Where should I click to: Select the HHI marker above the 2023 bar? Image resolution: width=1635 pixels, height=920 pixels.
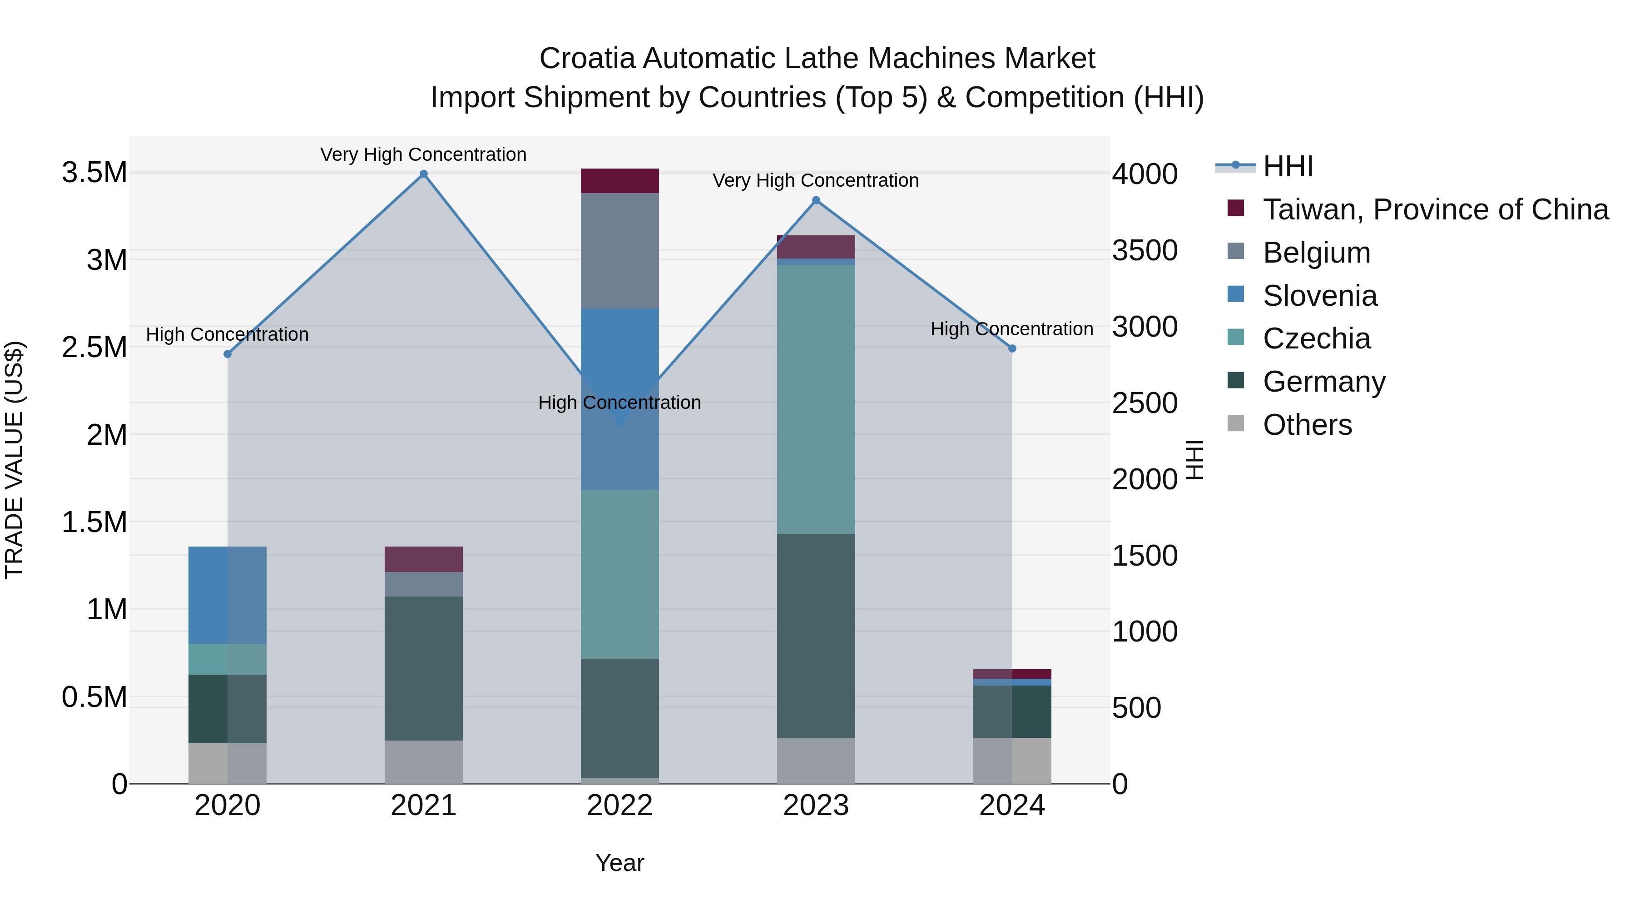(816, 201)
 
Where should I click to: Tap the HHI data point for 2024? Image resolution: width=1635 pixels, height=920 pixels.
(1012, 348)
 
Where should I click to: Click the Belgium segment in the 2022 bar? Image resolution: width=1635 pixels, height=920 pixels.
(619, 251)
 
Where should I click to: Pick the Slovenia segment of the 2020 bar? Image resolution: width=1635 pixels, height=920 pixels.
(227, 595)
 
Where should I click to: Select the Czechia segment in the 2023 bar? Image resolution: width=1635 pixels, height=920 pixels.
(816, 400)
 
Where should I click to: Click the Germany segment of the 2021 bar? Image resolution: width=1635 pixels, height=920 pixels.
(423, 668)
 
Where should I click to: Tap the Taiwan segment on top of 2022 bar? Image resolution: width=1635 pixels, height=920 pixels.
(619, 181)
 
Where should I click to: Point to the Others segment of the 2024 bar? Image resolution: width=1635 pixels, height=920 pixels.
(1012, 760)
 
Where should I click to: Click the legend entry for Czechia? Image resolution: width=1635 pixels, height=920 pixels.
(1316, 338)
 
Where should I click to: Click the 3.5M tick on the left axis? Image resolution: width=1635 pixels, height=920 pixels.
(94, 173)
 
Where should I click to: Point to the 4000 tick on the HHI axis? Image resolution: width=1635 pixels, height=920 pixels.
(1144, 174)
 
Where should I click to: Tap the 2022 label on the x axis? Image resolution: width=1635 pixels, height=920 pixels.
(619, 806)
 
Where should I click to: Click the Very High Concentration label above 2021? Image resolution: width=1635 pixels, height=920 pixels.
(423, 154)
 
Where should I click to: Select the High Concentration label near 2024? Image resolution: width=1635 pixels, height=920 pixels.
(1012, 329)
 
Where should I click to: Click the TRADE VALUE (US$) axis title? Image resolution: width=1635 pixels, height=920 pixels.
(14, 460)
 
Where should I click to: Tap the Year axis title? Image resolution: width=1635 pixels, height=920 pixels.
(619, 863)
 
